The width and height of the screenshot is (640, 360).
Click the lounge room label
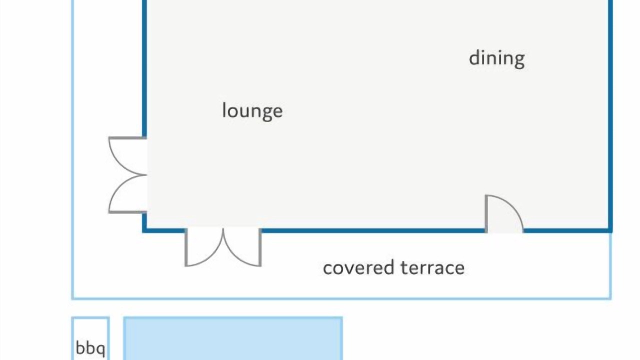coord(252,111)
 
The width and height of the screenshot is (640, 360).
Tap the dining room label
coord(497,59)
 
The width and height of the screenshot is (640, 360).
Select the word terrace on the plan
coord(432,268)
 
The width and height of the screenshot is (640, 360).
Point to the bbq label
coord(90,348)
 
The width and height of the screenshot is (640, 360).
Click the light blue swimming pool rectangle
coord(233,338)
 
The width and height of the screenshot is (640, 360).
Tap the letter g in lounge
coord(267,113)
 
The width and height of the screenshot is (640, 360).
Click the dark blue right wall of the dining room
coord(610,114)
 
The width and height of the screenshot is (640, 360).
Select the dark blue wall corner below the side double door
coord(144,230)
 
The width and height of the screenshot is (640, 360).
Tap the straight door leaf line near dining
coord(486,213)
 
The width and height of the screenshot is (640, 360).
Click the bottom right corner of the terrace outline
coord(610,298)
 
